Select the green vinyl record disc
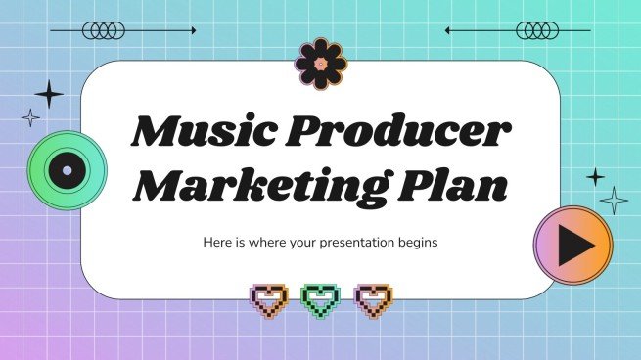(66, 171)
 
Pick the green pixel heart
(319, 299)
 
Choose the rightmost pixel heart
(372, 299)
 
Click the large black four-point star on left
(48, 94)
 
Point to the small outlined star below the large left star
(31, 118)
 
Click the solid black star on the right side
(594, 177)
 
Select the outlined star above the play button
(614, 201)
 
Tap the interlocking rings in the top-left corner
(104, 30)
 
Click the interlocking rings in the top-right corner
(537, 30)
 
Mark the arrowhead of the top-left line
(193, 30)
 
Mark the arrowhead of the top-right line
(448, 30)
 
